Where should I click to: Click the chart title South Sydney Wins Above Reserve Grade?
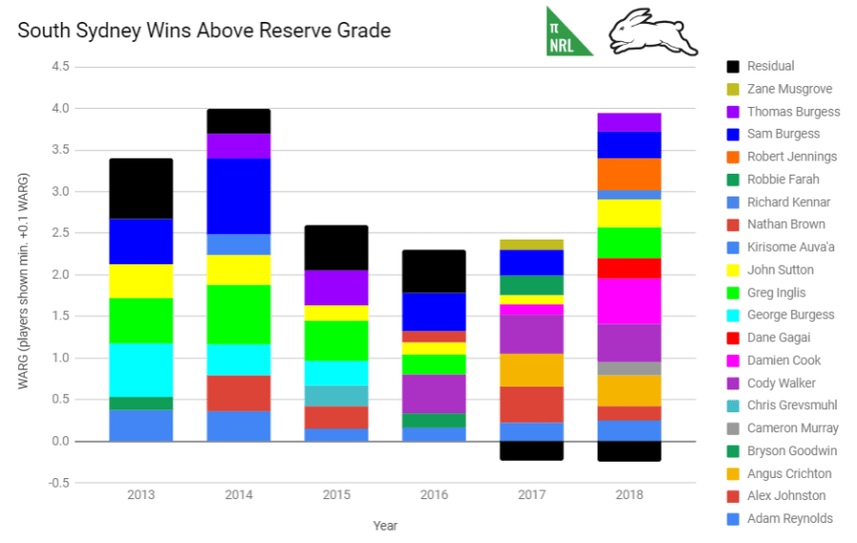(x=204, y=31)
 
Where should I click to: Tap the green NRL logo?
(x=568, y=32)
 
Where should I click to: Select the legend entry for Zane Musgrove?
(x=789, y=89)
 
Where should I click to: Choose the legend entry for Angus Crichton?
(x=789, y=473)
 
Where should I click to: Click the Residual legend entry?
(x=771, y=66)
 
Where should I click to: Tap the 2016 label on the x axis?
(x=434, y=495)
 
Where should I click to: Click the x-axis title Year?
(x=385, y=525)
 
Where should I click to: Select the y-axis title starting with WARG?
(x=23, y=281)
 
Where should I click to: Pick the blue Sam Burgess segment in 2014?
(x=238, y=196)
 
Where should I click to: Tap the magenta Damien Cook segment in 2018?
(x=629, y=301)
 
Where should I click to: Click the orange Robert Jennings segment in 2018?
(x=629, y=174)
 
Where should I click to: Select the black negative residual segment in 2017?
(x=532, y=450)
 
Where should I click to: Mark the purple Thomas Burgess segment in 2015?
(x=337, y=287)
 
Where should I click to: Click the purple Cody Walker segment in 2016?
(x=434, y=394)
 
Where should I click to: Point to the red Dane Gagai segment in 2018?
(x=629, y=267)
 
